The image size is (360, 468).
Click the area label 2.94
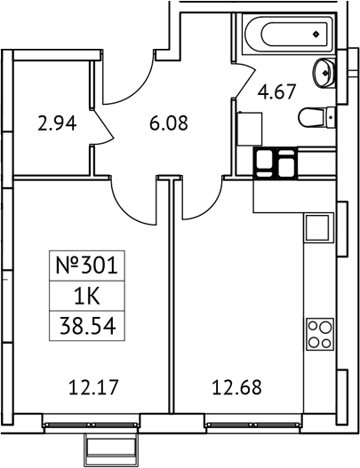[57, 123]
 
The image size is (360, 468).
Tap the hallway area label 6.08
[169, 123]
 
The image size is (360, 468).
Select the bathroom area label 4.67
[276, 91]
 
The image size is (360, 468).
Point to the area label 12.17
[94, 387]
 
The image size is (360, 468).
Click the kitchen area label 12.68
[237, 387]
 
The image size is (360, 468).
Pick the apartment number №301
[86, 266]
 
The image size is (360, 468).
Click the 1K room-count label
[87, 297]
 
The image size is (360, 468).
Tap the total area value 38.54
[87, 327]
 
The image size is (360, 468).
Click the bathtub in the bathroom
[287, 35]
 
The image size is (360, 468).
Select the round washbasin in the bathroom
[323, 72]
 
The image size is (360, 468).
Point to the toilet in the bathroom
[316, 117]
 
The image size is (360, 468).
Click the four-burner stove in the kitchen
[320, 334]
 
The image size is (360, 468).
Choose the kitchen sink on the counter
[318, 227]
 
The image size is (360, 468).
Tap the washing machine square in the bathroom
[250, 129]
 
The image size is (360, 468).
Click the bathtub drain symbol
[316, 35]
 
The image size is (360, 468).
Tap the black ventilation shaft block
[276, 163]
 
